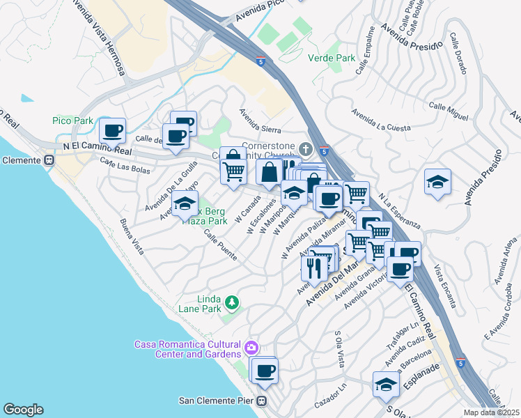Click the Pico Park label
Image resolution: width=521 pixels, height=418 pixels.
tap(72, 121)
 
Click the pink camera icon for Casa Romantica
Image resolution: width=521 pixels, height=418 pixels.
tap(251, 346)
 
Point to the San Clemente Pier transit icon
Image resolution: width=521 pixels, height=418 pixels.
tap(262, 401)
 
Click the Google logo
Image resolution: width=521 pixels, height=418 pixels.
tap(23, 410)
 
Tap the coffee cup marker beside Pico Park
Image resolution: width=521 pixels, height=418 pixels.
tap(111, 130)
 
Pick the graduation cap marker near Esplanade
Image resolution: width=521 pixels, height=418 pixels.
tap(385, 384)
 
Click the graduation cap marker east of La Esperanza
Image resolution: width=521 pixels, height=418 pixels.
tap(437, 183)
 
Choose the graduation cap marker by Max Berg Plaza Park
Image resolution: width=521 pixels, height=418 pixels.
tap(185, 203)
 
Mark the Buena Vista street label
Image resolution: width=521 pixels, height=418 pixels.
tap(131, 237)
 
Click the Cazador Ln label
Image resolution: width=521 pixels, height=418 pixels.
tap(329, 396)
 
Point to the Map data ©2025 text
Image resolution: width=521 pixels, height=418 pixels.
tap(491, 412)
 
